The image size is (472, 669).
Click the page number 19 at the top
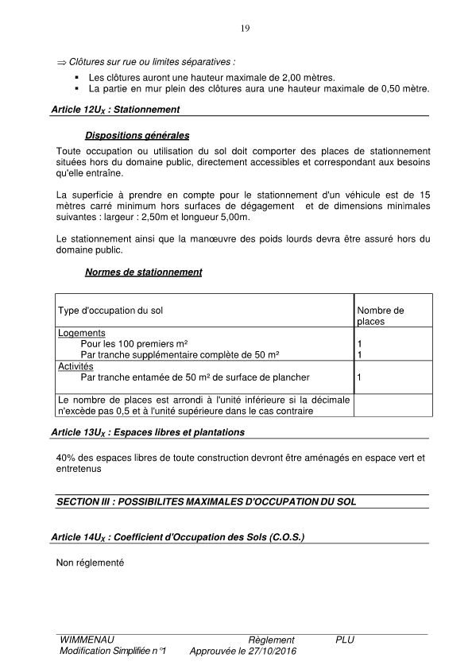(x=245, y=29)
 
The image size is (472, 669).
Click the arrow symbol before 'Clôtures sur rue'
(x=61, y=61)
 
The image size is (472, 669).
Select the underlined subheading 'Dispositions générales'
(x=137, y=136)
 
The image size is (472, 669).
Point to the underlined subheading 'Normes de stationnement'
(x=143, y=273)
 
